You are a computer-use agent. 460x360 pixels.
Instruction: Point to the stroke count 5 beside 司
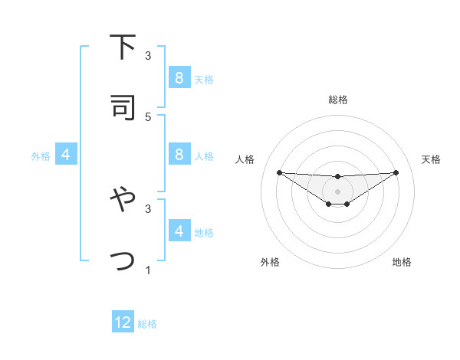[148, 116]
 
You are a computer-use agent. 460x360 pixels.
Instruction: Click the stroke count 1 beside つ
[148, 270]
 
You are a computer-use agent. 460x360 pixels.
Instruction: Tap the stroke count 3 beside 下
[148, 56]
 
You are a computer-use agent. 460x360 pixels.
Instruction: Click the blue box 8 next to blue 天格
[179, 78]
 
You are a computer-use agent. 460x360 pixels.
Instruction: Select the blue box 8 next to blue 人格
[179, 155]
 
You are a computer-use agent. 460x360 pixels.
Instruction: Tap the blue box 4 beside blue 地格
[179, 231]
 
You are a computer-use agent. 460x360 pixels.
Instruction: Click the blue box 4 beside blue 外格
[65, 155]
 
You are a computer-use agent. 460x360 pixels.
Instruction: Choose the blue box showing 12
[123, 322]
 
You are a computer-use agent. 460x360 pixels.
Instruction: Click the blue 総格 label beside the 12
[147, 324]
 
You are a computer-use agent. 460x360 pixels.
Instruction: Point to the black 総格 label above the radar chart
[337, 100]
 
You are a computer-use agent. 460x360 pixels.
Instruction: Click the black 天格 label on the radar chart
[431, 159]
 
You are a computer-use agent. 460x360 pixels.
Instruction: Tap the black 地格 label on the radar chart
[402, 262]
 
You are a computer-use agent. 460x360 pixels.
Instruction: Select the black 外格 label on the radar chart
[270, 262]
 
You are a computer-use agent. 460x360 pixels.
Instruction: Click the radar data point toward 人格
[279, 172]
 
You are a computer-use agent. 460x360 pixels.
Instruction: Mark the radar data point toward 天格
[396, 172]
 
